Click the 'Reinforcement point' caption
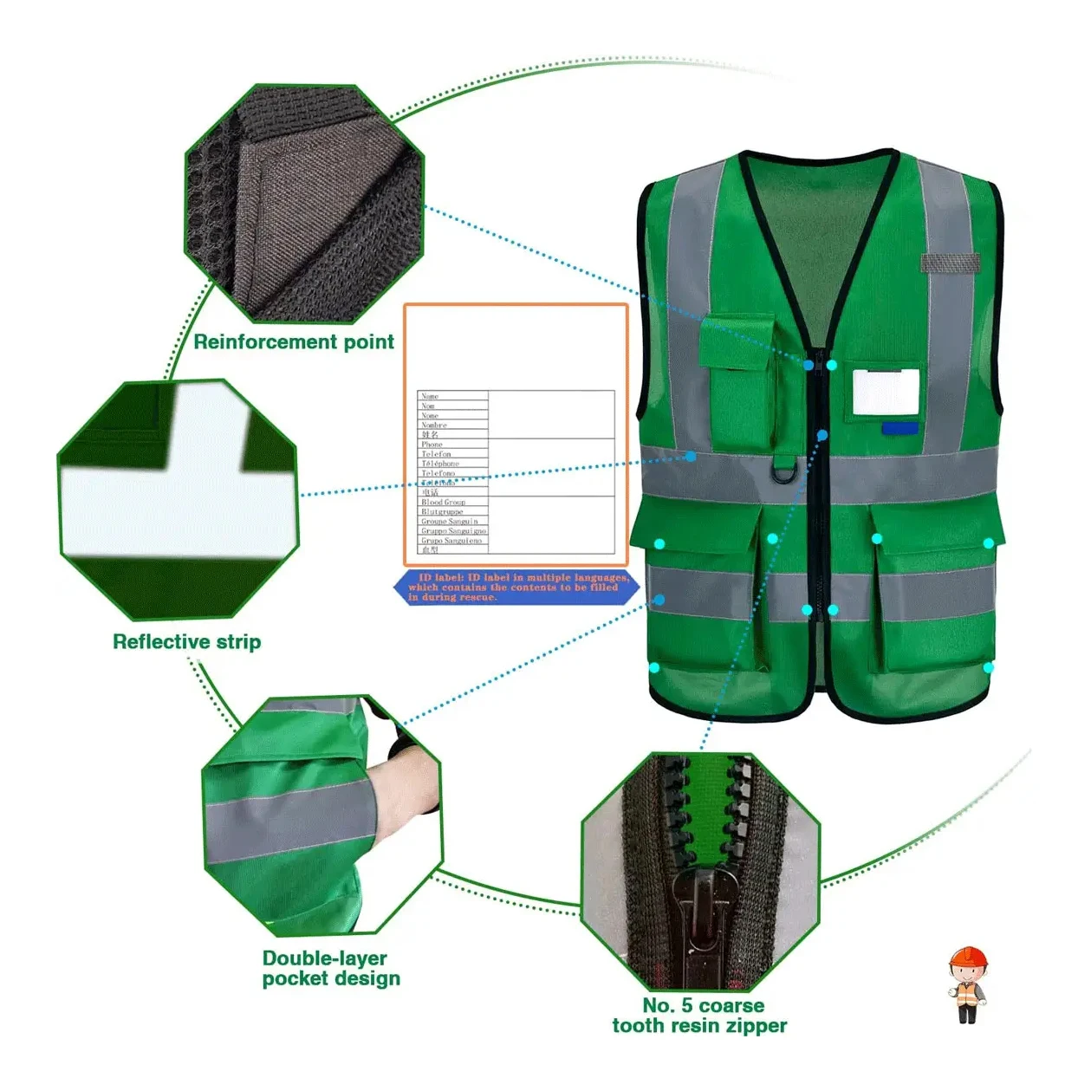pos(294,342)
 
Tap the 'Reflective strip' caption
pos(186,642)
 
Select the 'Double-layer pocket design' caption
pos(331,969)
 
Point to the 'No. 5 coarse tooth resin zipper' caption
pos(699,1016)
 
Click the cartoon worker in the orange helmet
pos(967,984)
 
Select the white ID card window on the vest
pos(885,392)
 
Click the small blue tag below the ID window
pos(899,428)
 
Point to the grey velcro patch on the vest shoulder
pos(950,263)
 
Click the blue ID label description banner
pos(517,588)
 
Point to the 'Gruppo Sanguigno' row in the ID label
pos(453,530)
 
